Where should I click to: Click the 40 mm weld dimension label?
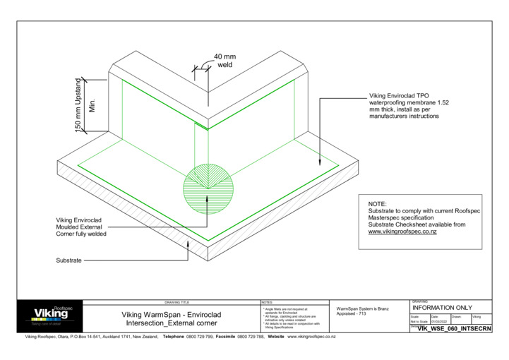[x=224, y=61]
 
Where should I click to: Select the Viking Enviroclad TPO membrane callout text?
[x=409, y=105]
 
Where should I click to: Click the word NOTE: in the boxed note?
[x=378, y=203]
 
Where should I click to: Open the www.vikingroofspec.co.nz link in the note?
[x=402, y=232]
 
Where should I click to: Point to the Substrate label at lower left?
[x=68, y=260]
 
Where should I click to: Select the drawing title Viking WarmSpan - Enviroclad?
[x=186, y=315]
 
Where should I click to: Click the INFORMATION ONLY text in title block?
[x=442, y=308]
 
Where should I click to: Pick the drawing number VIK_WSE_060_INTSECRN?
[x=454, y=329]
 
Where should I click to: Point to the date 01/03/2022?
[x=440, y=321]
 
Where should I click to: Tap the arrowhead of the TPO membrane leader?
[x=322, y=165]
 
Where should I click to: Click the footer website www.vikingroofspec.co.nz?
[x=311, y=337]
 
